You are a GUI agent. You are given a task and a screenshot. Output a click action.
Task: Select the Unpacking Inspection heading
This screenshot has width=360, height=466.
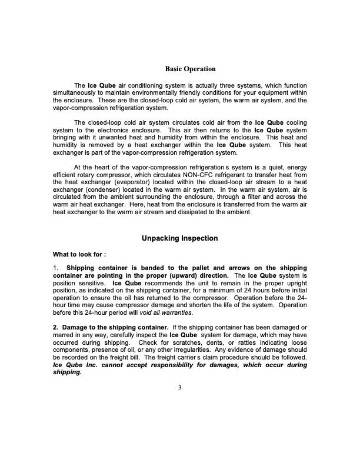pyautogui.click(x=180, y=238)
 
